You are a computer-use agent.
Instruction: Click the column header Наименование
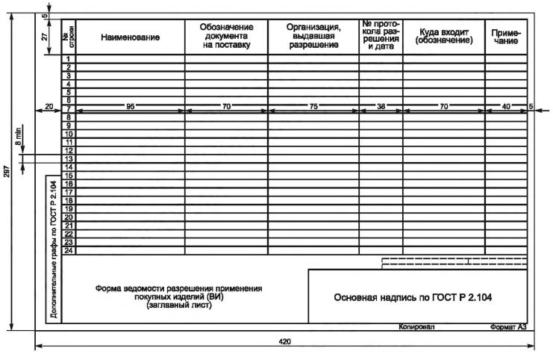130,37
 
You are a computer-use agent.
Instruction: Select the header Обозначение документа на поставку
226,36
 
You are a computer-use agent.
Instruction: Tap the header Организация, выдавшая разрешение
313,36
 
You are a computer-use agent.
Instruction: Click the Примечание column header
506,36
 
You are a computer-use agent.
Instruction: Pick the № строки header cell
69,36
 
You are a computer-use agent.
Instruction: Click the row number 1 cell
69,59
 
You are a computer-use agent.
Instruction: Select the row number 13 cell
69,159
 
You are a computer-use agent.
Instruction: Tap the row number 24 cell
69,250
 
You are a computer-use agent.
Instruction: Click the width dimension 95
130,107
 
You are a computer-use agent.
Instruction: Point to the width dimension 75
313,107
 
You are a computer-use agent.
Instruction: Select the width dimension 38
381,107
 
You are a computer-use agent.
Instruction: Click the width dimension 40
506,107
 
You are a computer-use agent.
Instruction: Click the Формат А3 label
508,327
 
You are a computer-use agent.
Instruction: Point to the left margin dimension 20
49,107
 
